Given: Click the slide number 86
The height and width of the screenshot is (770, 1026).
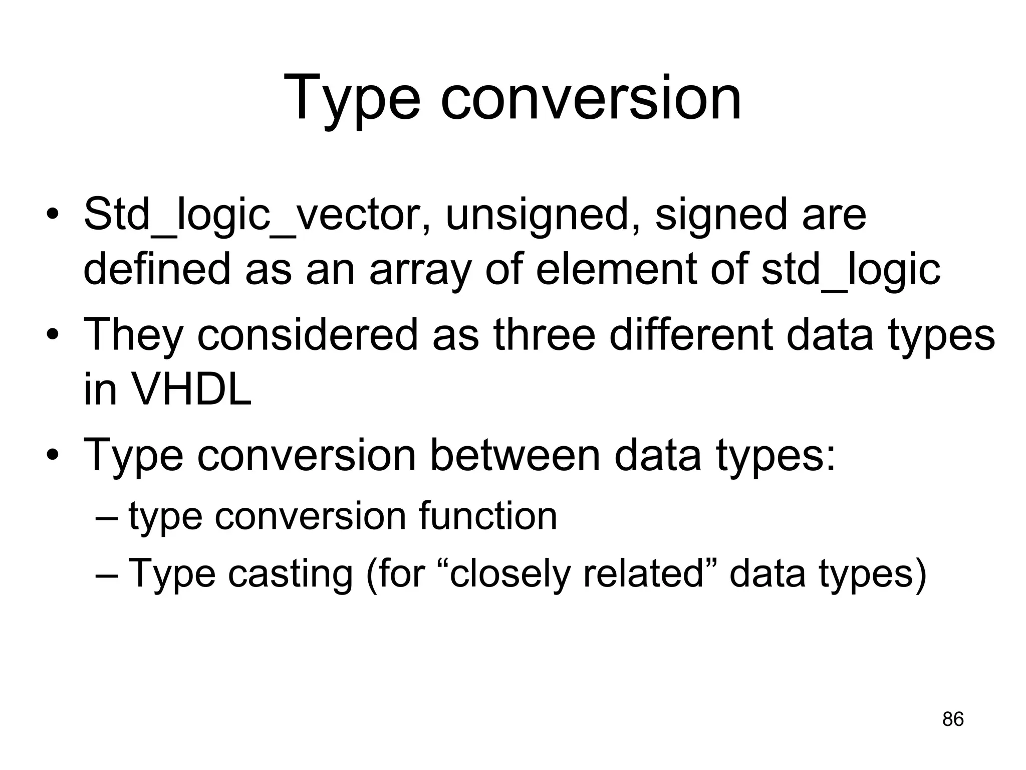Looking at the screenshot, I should pyautogui.click(x=952, y=719).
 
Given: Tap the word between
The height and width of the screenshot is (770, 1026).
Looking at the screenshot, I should pyautogui.click(x=515, y=455).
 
